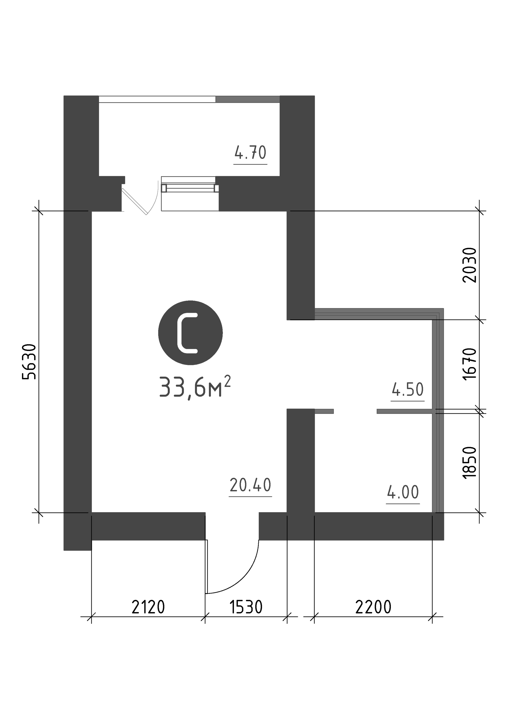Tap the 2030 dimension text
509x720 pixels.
pos(469,265)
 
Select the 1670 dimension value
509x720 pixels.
pos(469,364)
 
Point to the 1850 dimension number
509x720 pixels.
pos(469,463)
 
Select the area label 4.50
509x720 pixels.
pos(408,390)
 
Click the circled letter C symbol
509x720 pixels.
pos(190,333)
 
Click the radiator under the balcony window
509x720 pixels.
pos(190,188)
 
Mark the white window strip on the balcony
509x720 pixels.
pos(157,99)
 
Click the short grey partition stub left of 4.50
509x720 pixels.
pos(324,411)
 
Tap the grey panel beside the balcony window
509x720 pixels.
pos(248,99)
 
